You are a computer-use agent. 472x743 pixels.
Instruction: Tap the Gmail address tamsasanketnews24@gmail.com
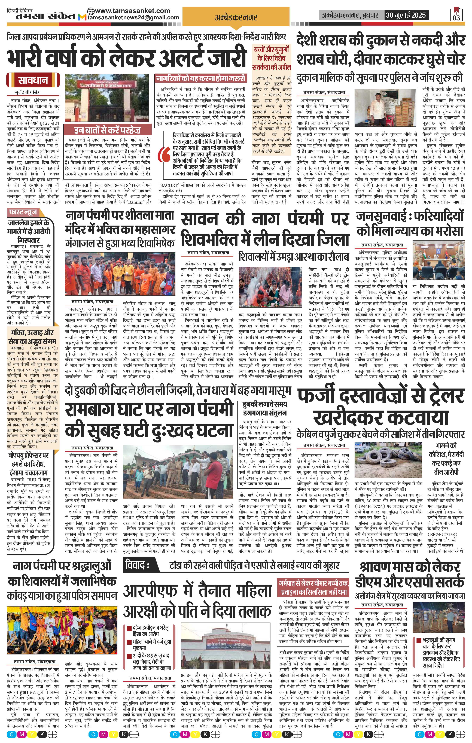(133, 18)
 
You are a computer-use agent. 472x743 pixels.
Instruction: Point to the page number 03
(456, 18)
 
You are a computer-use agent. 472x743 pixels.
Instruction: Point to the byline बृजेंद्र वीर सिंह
(28, 92)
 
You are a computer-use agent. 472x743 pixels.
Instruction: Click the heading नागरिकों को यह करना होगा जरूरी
(200, 78)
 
